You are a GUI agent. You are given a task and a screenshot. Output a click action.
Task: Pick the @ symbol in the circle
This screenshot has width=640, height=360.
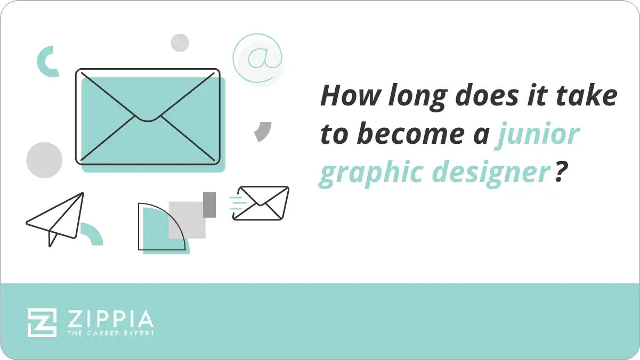[258, 58]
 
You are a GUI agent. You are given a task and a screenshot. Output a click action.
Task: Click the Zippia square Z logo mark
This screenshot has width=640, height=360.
[42, 322]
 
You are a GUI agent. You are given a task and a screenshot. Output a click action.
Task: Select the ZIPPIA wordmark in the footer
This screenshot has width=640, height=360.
[110, 320]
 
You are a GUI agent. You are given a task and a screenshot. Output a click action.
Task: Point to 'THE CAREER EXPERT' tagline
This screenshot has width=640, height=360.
[110, 333]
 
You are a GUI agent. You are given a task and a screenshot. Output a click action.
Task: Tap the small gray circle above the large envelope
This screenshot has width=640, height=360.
[180, 43]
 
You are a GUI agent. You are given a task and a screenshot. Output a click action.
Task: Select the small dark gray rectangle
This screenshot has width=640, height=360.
[209, 204]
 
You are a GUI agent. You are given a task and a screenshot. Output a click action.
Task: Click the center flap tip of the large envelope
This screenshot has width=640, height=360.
[148, 118]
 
